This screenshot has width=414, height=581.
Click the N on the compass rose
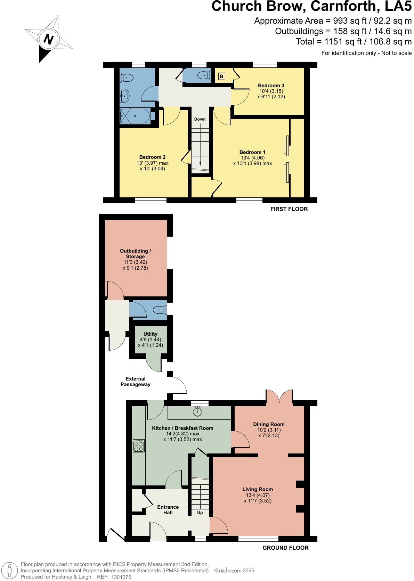tap(48, 39)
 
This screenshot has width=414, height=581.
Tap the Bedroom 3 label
tap(271, 85)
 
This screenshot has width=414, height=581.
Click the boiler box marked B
tap(221, 76)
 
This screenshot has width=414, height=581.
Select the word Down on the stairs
tap(200, 119)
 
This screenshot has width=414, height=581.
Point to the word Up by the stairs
tap(200, 513)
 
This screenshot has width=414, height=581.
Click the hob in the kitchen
tap(139, 446)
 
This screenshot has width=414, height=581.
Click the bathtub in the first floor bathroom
tap(135, 116)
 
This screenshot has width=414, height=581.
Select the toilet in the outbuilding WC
tap(160, 309)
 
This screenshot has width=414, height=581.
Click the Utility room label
tap(151, 334)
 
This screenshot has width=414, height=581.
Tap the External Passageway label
tap(135, 382)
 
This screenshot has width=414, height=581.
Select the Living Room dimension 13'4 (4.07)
tap(258, 495)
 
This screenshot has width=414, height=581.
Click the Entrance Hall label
tap(168, 510)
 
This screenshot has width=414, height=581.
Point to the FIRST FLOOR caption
tap(289, 209)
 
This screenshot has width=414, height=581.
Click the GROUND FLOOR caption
tap(285, 548)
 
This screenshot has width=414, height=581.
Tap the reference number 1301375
tap(121, 577)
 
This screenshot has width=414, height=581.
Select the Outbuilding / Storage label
tap(135, 254)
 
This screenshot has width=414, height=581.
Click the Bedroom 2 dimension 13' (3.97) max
tap(152, 163)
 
